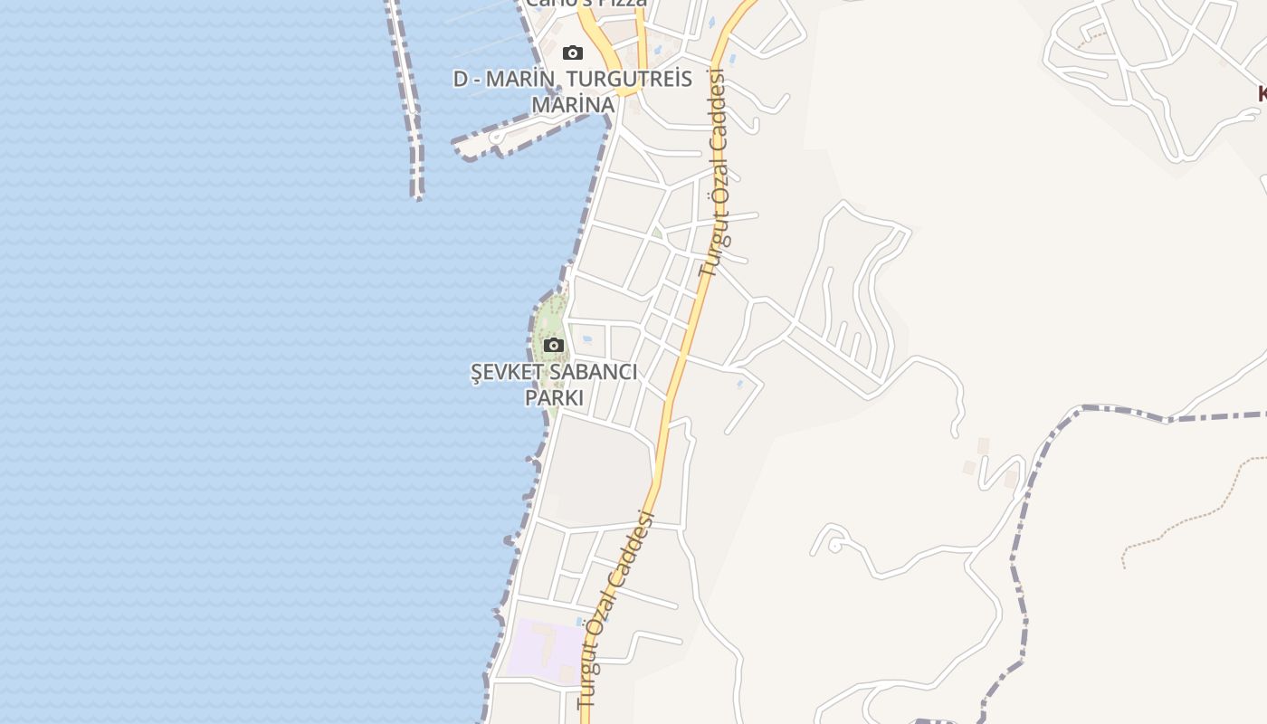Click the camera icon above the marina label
(x=572, y=53)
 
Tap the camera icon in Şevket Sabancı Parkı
(x=554, y=345)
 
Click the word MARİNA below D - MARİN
(x=572, y=105)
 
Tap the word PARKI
(x=554, y=397)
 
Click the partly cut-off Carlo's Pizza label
(x=586, y=4)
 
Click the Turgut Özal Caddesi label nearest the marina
(x=716, y=172)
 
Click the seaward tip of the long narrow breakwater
(x=417, y=194)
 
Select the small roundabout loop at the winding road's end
(x=834, y=545)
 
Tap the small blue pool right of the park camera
(x=586, y=340)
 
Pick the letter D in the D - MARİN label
(x=462, y=80)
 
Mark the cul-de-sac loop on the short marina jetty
(x=497, y=138)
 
